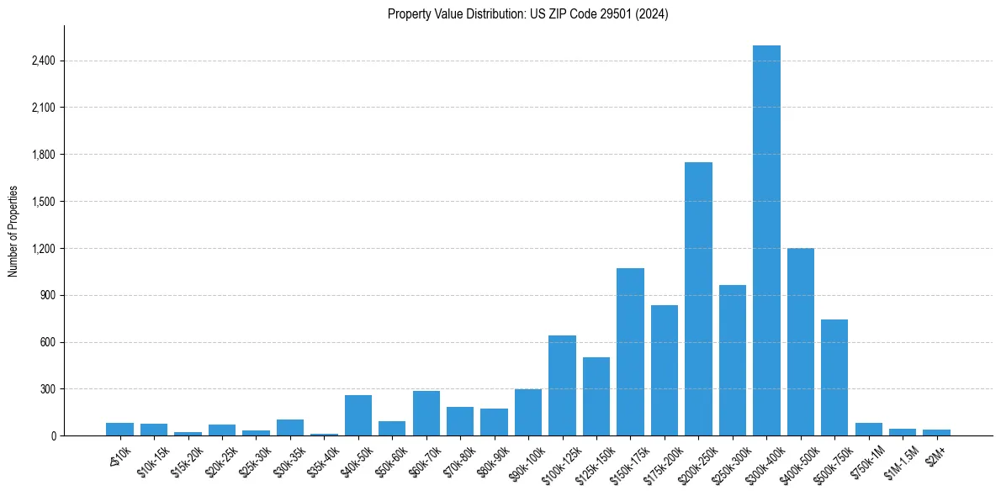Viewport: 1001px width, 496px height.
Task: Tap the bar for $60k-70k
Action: click(426, 413)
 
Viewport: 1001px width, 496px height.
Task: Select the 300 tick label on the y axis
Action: click(48, 389)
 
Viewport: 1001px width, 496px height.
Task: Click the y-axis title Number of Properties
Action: click(13, 230)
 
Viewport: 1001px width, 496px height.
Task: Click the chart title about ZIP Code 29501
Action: click(527, 14)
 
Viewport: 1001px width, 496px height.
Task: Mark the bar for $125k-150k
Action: click(596, 396)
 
